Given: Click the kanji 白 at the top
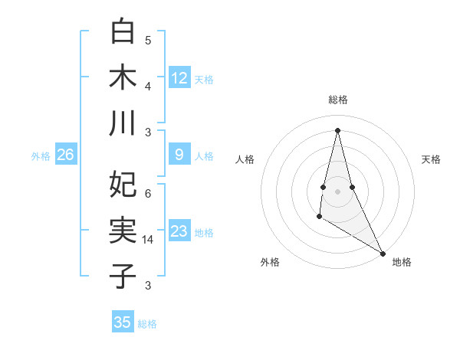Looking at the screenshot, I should click(x=123, y=32).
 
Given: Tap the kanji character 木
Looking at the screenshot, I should click(x=123, y=77).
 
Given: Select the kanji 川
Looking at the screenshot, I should click(x=123, y=123).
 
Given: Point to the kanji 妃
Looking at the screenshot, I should click(x=123, y=184).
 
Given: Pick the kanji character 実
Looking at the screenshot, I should click(x=123, y=229).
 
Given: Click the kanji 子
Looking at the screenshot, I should click(x=123, y=274).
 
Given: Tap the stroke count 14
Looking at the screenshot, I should click(x=149, y=240).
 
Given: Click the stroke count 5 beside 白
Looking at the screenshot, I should click(x=148, y=41).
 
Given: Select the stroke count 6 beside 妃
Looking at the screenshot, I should click(x=148, y=194).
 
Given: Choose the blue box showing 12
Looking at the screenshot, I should click(x=179, y=77).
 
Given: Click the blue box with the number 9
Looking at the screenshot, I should click(x=179, y=155).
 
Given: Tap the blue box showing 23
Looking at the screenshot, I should click(x=179, y=231).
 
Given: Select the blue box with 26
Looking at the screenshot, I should click(x=65, y=155).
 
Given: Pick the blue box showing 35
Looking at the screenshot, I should click(x=123, y=322).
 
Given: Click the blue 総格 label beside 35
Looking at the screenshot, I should click(x=148, y=324).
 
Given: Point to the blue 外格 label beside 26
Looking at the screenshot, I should click(x=41, y=156).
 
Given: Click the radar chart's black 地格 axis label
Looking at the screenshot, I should click(x=402, y=262).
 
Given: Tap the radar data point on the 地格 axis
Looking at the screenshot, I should click(x=383, y=253).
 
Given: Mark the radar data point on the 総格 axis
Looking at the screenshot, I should click(x=337, y=129).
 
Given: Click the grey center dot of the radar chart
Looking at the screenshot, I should click(x=337, y=191).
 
